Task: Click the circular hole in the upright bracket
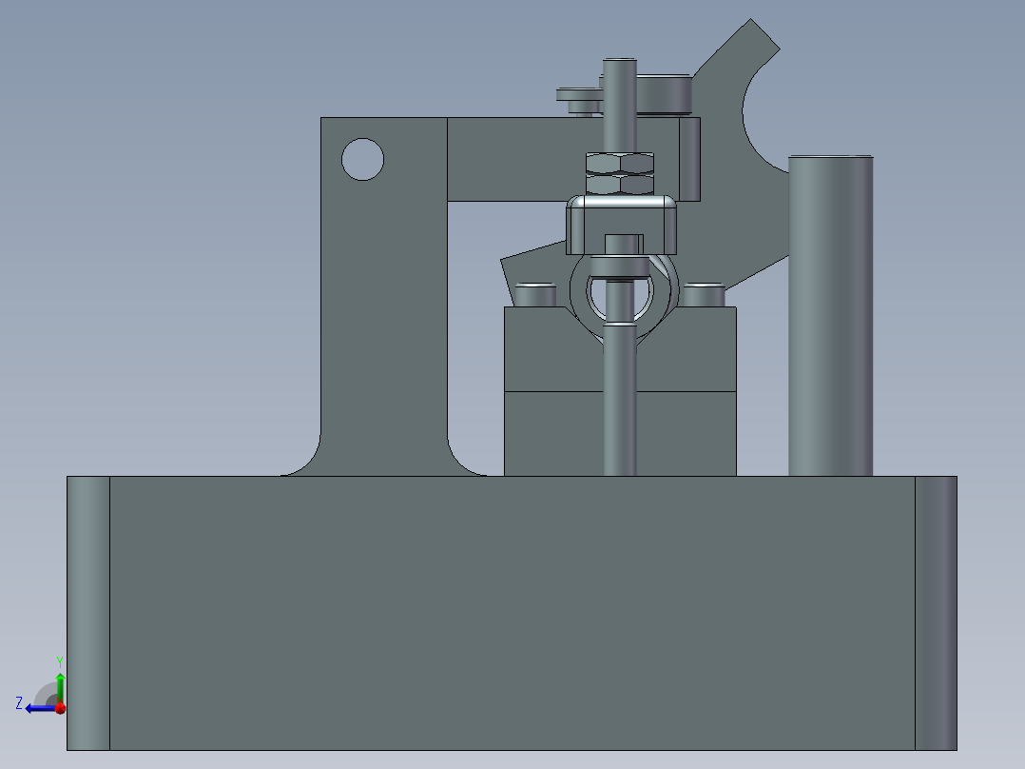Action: click(362, 159)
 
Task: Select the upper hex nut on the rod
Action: click(620, 162)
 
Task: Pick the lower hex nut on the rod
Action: click(620, 184)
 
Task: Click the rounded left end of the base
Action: click(87, 612)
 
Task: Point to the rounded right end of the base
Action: click(936, 612)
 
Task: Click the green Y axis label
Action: click(59, 661)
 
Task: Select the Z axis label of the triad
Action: click(19, 702)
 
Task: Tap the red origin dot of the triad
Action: click(60, 708)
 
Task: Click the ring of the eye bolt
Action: click(580, 303)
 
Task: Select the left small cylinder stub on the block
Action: click(534, 294)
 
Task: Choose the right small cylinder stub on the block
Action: click(704, 294)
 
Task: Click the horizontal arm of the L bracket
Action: click(513, 158)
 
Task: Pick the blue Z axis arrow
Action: click(39, 708)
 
